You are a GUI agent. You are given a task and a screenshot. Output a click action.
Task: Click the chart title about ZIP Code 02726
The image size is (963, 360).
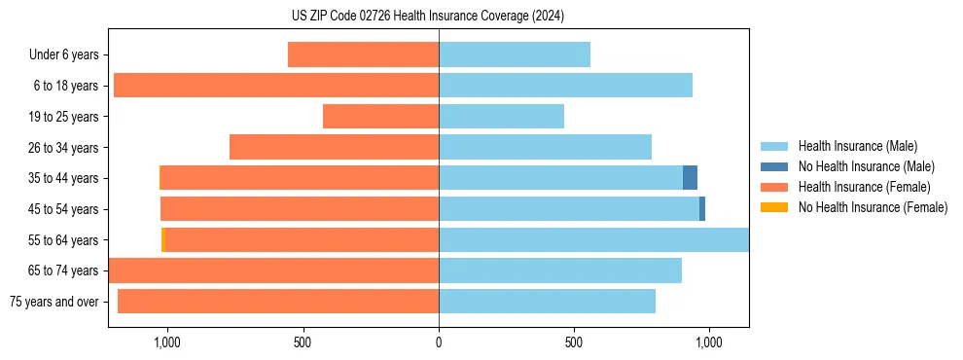(428, 17)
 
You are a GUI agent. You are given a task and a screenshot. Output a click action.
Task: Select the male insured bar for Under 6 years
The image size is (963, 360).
(514, 54)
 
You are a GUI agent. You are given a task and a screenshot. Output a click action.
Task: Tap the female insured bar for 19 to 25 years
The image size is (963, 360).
(380, 117)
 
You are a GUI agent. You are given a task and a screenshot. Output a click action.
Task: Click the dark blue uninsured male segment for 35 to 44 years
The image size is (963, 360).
(690, 178)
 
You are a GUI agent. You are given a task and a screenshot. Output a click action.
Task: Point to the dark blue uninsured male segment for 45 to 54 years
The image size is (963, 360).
(702, 209)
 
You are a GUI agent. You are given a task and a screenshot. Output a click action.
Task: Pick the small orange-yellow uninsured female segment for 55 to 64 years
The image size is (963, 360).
(163, 240)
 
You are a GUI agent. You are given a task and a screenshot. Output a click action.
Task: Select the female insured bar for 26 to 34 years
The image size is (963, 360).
(334, 147)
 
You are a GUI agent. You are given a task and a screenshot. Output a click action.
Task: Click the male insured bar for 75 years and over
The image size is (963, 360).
(547, 302)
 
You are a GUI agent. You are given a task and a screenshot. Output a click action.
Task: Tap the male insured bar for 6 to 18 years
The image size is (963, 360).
(565, 86)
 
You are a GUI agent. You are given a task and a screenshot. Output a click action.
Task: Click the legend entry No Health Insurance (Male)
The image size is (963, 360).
(866, 166)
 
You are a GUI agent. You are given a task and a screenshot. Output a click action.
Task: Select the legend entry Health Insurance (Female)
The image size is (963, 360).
(864, 187)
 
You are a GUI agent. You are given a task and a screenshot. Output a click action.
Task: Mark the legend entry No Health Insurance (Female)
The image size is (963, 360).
(873, 207)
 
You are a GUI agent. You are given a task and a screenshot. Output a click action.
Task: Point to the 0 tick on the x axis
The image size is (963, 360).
(439, 342)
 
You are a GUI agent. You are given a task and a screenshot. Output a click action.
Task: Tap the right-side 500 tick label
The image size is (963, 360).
(574, 342)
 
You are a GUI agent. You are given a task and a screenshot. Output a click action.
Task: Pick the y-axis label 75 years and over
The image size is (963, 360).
(53, 302)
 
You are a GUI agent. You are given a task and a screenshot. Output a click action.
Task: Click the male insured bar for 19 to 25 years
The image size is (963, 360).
(501, 117)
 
